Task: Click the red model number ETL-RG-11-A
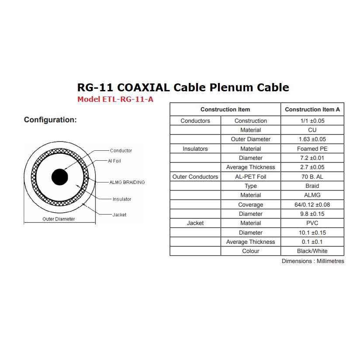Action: (115, 99)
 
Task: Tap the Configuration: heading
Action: (50, 120)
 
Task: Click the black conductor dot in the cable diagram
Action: (60, 177)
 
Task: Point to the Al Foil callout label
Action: (114, 161)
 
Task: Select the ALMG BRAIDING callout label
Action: (127, 182)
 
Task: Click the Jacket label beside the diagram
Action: (119, 215)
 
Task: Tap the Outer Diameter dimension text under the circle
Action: (59, 219)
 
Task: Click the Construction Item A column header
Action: (312, 109)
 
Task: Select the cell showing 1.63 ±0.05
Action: (312, 139)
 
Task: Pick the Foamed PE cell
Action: (312, 149)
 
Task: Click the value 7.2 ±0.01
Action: (312, 158)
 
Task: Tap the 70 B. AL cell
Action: (312, 177)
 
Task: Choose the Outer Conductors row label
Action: (195, 177)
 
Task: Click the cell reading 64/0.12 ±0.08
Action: (312, 204)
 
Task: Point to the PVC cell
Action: (312, 223)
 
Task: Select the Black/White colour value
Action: (312, 251)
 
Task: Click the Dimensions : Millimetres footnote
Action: (313, 261)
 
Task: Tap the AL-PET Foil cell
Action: (250, 177)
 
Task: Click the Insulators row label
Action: (195, 149)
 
